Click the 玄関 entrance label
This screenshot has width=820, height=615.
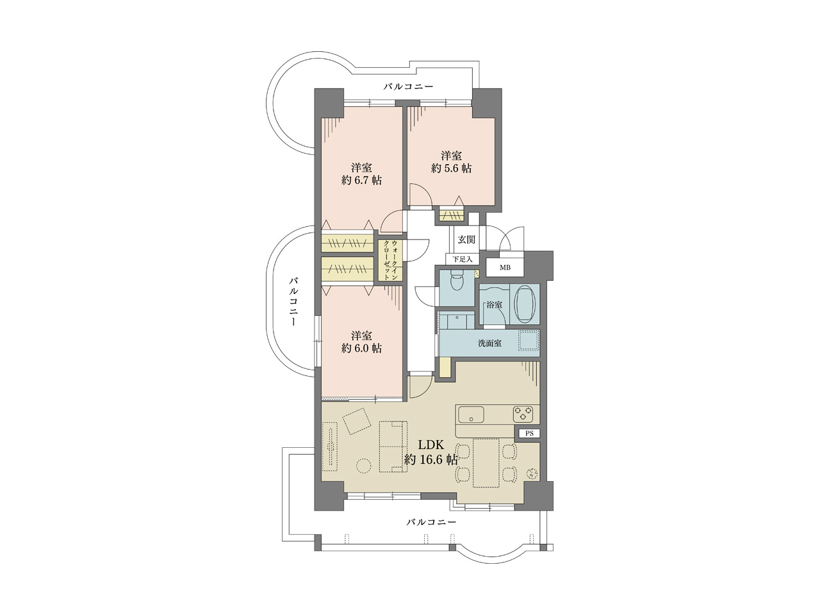point(466,240)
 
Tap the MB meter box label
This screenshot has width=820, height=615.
point(505,268)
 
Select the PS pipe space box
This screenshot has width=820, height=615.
point(529,434)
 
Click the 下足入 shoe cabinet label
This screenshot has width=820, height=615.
point(463,259)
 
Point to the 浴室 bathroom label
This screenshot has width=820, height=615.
point(494,305)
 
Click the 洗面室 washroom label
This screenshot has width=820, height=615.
point(489,343)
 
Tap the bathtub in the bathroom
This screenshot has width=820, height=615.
point(525,304)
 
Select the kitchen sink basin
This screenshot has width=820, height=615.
point(471,414)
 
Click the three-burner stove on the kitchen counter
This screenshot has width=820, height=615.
point(523,414)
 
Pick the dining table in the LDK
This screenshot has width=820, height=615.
point(486,463)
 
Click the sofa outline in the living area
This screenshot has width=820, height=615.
point(393,447)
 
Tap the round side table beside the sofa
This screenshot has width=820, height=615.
point(363,466)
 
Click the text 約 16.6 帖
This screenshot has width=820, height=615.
point(430,460)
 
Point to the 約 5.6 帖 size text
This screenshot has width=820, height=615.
point(451,168)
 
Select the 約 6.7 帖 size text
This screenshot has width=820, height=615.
point(361,181)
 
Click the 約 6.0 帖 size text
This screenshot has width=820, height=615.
point(361,348)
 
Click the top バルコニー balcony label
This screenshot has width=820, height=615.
point(408,86)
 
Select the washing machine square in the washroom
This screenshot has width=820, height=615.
point(528,341)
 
